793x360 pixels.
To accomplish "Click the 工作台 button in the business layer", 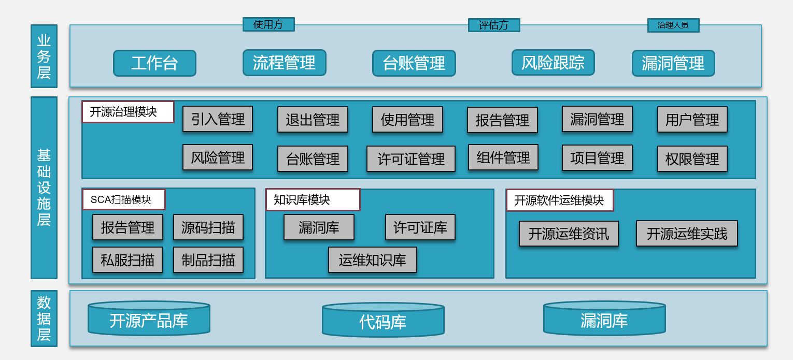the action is (154, 63).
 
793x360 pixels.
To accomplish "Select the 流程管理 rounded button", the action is (284, 63).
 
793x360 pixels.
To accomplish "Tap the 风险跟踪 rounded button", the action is (553, 63).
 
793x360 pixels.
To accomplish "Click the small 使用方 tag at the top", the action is (268, 24).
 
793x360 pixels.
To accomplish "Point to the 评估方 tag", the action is (494, 25).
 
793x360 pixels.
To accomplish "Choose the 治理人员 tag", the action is (673, 25).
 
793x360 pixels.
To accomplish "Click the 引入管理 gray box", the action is (218, 119).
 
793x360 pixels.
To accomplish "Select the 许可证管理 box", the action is (411, 159).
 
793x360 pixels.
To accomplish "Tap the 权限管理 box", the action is (692, 159).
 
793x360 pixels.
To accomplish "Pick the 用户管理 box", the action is (692, 120).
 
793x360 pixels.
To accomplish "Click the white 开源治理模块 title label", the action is (128, 112).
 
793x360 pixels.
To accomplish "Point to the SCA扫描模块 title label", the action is (124, 200).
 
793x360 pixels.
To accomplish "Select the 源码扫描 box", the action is (208, 227).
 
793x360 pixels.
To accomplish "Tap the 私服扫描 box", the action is (128, 260).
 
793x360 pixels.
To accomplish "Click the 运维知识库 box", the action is (373, 260).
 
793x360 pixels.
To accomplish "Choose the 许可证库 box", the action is (420, 227).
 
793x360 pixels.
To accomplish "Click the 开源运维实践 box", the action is (687, 234).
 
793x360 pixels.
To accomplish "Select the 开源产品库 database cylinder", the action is (149, 318).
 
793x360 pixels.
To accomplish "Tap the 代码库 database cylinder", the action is (383, 320).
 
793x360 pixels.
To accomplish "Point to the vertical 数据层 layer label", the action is (44, 319).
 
